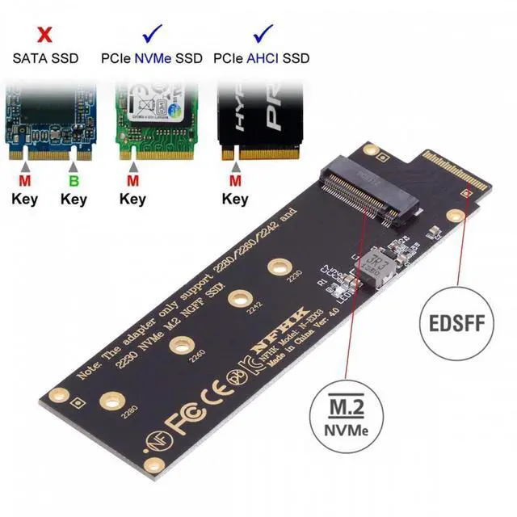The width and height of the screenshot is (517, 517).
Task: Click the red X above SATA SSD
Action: [45, 36]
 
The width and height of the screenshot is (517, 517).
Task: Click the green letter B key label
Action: [73, 180]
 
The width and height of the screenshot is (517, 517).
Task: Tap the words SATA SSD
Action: [45, 59]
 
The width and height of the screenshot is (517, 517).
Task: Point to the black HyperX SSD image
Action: [261, 117]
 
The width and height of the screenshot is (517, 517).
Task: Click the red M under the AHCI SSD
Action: [235, 180]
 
